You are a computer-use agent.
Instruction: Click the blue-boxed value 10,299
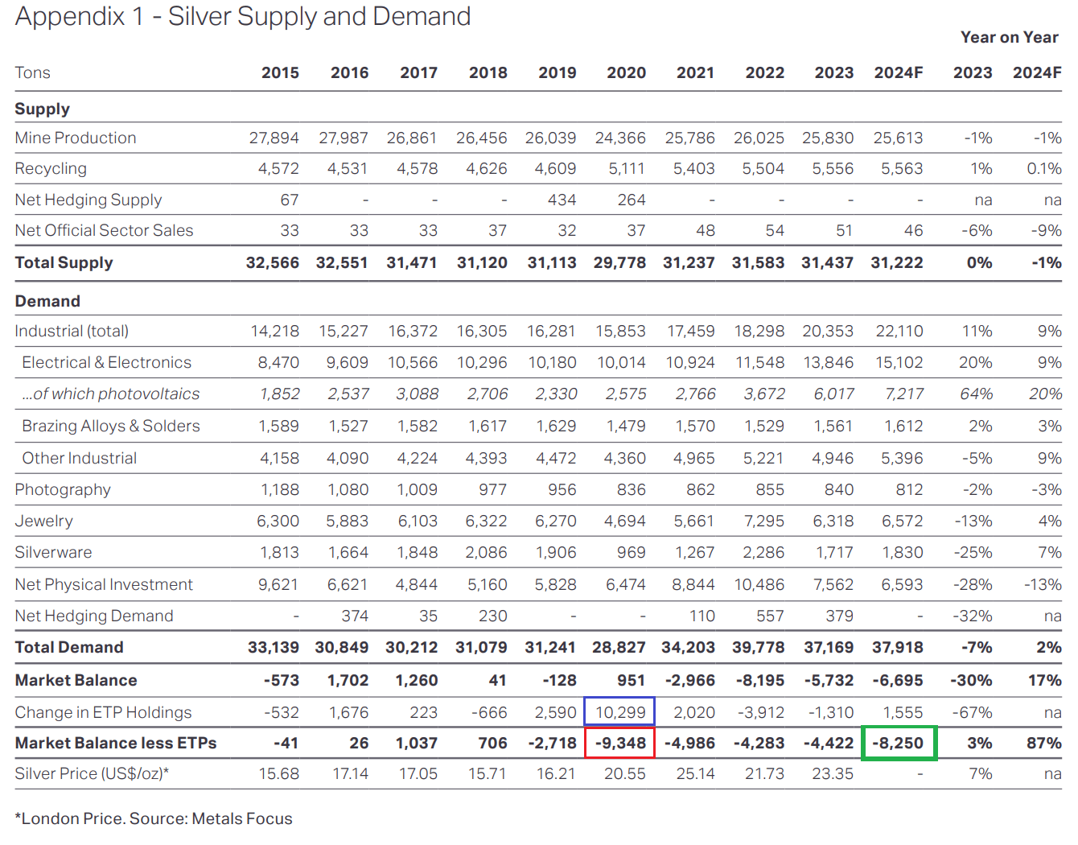(x=619, y=712)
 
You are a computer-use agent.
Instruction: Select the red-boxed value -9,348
(x=620, y=743)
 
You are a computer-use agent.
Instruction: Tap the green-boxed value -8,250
(x=899, y=743)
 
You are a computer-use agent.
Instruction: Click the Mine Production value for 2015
(x=274, y=138)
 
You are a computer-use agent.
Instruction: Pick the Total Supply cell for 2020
(x=619, y=262)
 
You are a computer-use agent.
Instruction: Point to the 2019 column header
(x=557, y=72)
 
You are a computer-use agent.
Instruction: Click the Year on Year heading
(x=1009, y=37)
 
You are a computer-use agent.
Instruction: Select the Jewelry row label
(x=44, y=521)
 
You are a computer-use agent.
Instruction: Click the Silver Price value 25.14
(x=694, y=773)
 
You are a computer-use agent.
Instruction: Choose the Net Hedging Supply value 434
(x=562, y=200)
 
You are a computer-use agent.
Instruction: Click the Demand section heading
(x=47, y=301)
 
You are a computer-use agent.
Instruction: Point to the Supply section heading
(x=43, y=109)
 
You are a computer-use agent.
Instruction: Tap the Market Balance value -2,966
(x=689, y=680)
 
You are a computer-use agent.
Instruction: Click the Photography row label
(x=63, y=489)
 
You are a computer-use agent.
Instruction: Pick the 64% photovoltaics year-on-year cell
(x=976, y=394)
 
